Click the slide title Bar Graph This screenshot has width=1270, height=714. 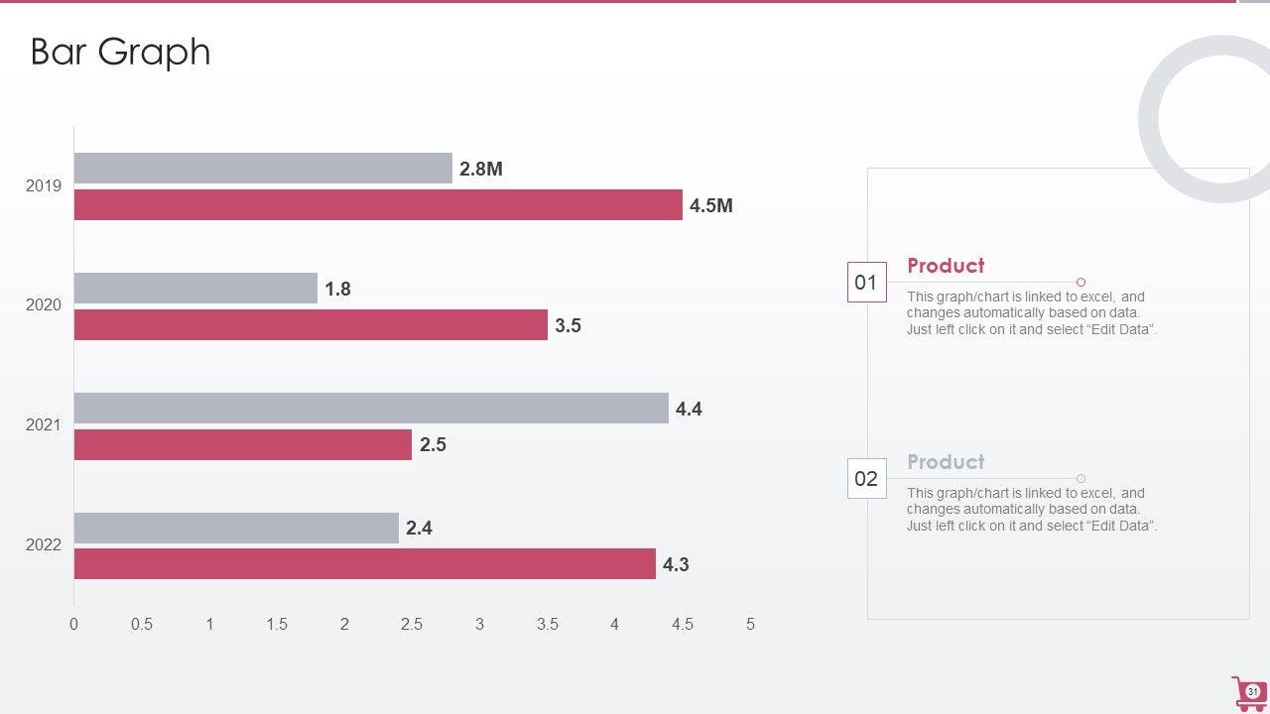click(x=120, y=52)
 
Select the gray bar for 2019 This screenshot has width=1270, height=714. click(x=263, y=169)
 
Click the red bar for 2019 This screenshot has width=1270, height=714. click(x=378, y=205)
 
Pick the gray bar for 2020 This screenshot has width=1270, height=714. click(x=195, y=289)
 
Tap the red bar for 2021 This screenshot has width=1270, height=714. click(x=242, y=444)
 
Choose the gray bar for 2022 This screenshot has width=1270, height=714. click(x=236, y=528)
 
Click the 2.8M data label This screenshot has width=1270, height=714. click(x=481, y=169)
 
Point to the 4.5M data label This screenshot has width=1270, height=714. click(x=711, y=205)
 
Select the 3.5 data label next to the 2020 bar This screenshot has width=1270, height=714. click(x=568, y=325)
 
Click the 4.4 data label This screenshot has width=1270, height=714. click(x=689, y=409)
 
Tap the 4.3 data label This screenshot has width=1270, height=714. click(x=676, y=564)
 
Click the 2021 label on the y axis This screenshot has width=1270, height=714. click(x=44, y=425)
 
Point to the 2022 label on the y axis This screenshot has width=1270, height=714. click(x=44, y=545)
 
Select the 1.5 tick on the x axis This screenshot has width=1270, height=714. click(x=277, y=624)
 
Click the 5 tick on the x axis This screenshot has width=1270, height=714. click(x=750, y=624)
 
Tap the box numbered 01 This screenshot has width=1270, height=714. click(x=866, y=283)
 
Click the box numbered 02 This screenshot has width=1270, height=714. click(x=866, y=479)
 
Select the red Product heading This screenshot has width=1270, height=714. click(x=946, y=266)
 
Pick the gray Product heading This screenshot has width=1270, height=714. click(x=946, y=462)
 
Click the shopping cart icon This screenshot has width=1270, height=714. click(x=1248, y=692)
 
